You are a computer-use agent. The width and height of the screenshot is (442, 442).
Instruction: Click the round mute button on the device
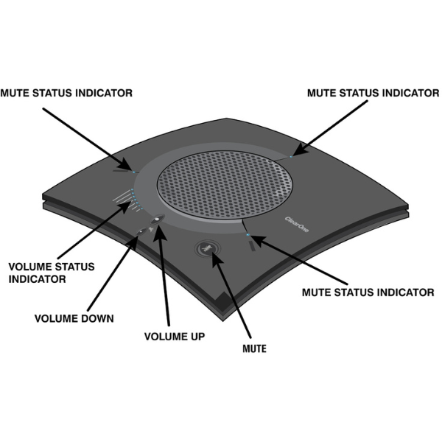208,248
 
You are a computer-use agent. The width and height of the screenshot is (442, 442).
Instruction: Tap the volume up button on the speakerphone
158,219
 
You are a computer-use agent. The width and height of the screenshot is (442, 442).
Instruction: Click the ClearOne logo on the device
297,225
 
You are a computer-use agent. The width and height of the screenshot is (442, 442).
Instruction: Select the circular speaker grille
225,185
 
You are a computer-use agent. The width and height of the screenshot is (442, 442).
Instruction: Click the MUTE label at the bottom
254,348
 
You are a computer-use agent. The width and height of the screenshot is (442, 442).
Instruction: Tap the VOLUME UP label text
175,337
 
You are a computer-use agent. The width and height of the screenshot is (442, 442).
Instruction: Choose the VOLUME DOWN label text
74,318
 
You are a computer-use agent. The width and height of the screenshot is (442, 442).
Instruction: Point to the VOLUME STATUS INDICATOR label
52,273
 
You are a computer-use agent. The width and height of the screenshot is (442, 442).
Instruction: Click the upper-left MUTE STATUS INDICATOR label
66,93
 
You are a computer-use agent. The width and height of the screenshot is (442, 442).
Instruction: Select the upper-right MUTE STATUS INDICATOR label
373,93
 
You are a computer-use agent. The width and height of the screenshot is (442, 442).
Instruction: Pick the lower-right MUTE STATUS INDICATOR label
368,292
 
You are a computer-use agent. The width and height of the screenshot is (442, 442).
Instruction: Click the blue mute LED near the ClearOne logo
248,234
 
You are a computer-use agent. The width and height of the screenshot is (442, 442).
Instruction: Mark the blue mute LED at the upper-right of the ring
291,156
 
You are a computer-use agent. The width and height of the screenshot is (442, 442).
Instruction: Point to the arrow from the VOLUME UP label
164,275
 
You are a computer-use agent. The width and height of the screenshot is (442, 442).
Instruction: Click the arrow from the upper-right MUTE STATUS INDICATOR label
330,128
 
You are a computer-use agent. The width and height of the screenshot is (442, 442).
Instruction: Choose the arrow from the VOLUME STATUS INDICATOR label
94,230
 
